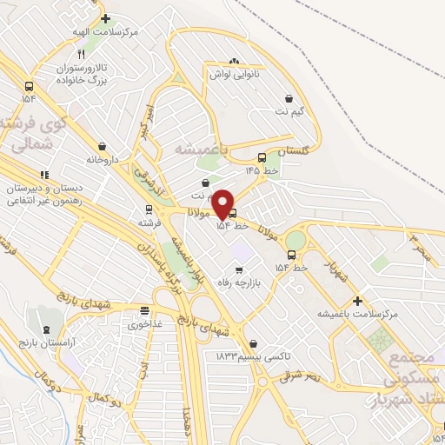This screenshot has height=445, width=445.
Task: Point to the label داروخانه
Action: pyautogui.click(x=102, y=160)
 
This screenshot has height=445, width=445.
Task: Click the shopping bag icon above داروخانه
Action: pyautogui.click(x=103, y=146)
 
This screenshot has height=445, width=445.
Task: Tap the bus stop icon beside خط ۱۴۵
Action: pyautogui.click(x=262, y=158)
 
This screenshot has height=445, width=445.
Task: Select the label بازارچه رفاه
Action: pyautogui.click(x=237, y=284)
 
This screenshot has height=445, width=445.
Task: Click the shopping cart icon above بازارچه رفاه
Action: pyautogui.click(x=239, y=270)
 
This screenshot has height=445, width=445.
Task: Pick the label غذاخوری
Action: pyautogui.click(x=143, y=325)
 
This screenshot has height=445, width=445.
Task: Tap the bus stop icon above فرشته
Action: pyautogui.click(x=149, y=209)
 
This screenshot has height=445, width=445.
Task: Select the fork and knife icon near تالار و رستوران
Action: pyautogui.click(x=81, y=53)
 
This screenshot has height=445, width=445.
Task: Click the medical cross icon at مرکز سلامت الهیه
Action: pyautogui.click(x=105, y=17)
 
